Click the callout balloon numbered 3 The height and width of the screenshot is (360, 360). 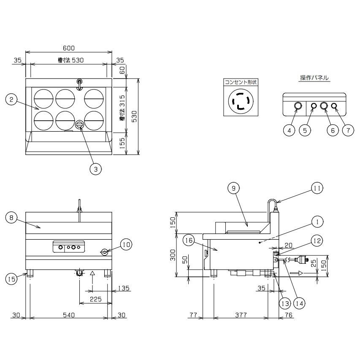tap(96, 169)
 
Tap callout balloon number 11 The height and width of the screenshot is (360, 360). tap(317, 188)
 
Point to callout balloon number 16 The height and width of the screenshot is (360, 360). tap(189, 240)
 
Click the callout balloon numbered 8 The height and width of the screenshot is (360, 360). tap(12, 218)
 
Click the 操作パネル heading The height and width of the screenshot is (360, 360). tap(314, 78)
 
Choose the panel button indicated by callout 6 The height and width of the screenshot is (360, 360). tap(324, 106)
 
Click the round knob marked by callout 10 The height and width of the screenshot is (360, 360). tap(104, 252)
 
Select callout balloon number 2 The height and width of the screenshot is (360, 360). tap(12, 100)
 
